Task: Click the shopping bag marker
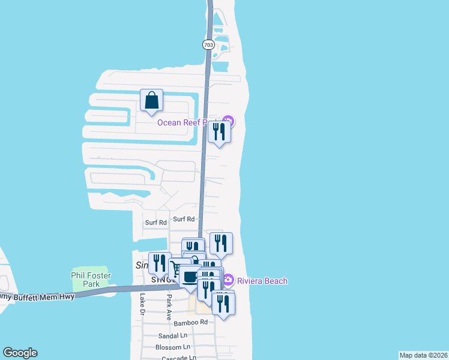[151, 100]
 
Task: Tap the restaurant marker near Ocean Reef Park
[219, 132]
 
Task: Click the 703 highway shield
[208, 45]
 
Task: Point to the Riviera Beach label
[262, 281]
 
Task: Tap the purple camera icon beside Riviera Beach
[228, 280]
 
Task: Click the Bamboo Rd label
[190, 322]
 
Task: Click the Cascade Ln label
[178, 358]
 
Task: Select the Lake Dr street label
[142, 304]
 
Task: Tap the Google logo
[20, 353]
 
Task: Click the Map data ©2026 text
[423, 355]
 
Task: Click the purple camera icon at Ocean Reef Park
[228, 122]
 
